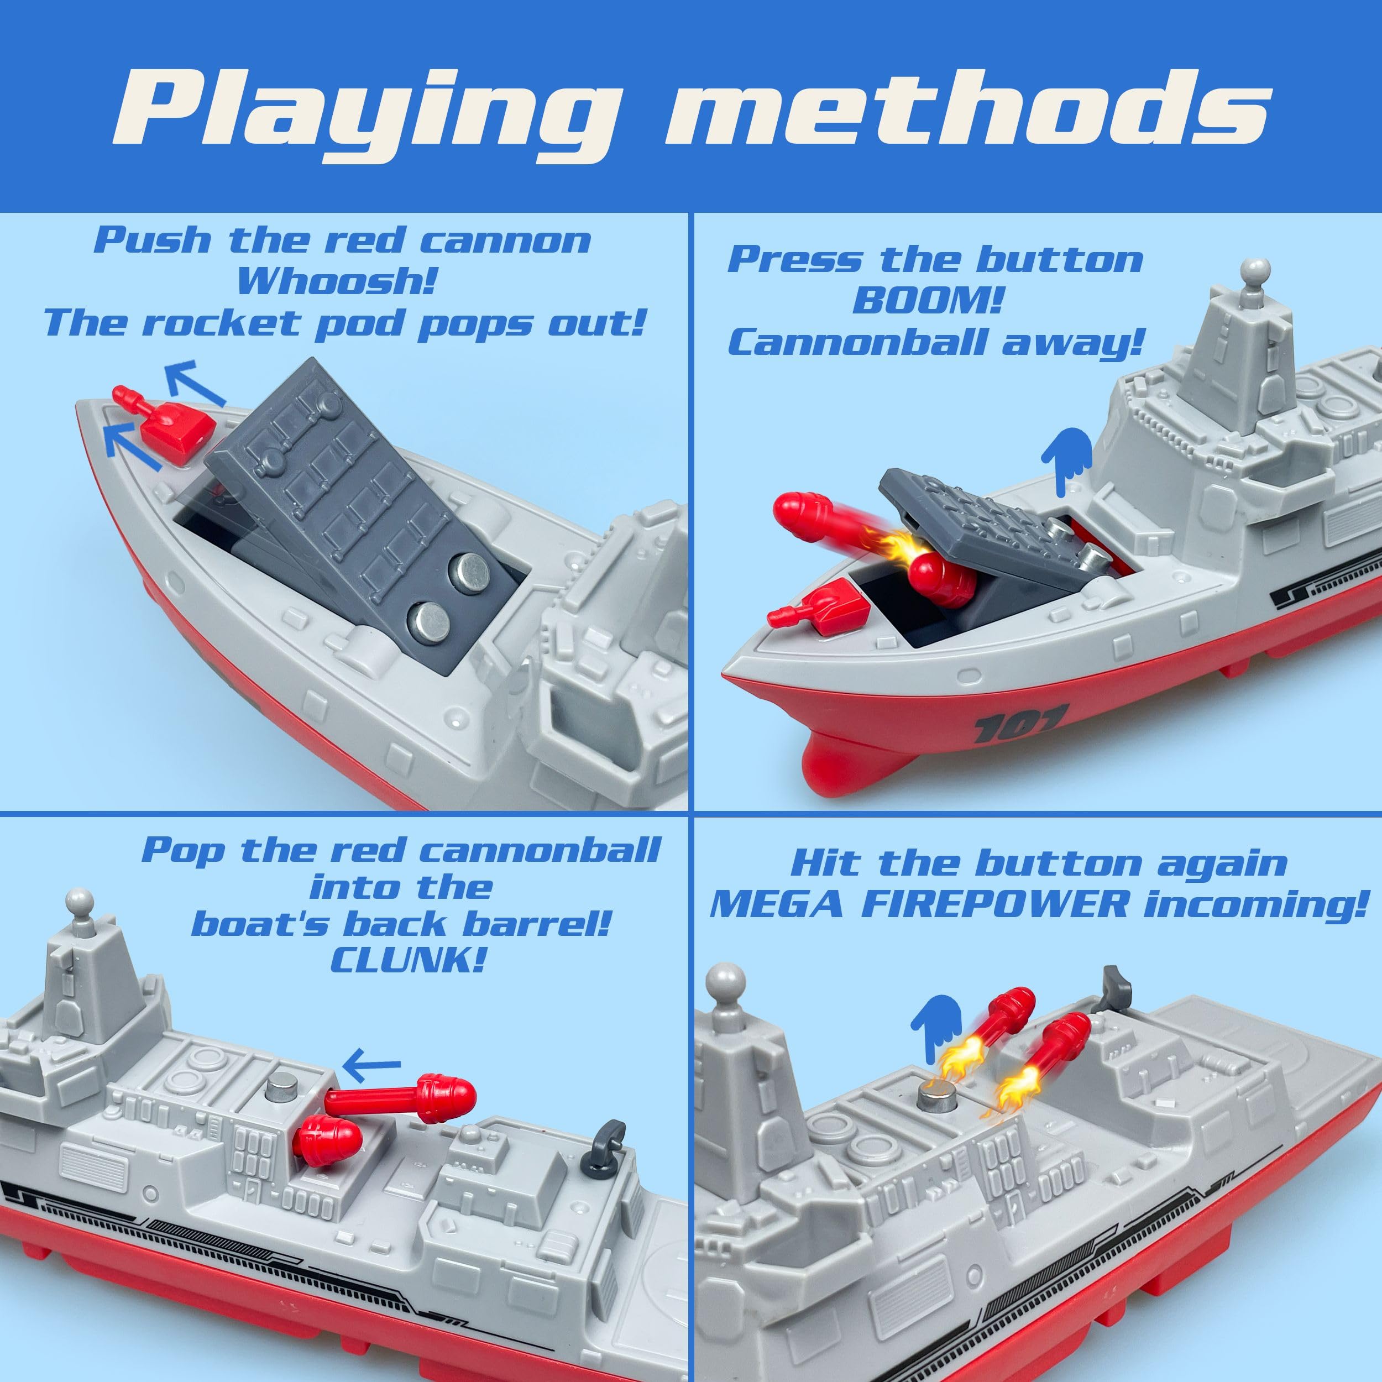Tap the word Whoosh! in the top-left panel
[336, 281]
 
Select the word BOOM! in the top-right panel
[926, 300]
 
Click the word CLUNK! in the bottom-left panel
[408, 960]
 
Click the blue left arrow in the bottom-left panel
[371, 1064]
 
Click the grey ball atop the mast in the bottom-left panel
[80, 901]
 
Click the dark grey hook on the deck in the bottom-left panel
[609, 1138]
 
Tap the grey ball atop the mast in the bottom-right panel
[725, 979]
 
